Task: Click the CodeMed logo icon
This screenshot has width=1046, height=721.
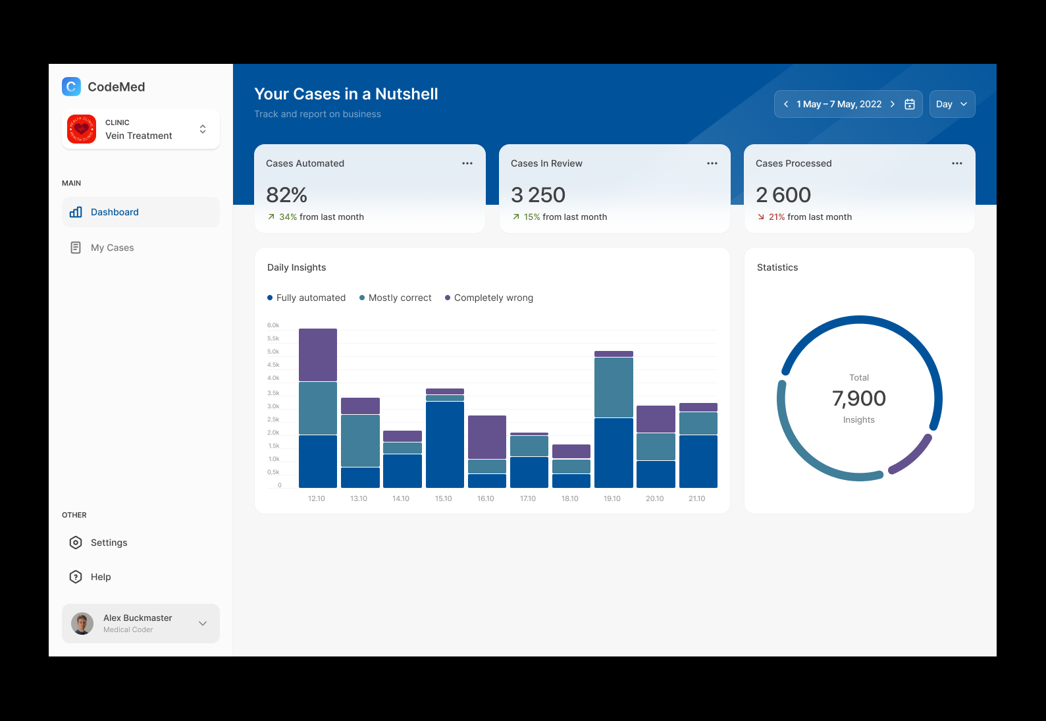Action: pyautogui.click(x=71, y=86)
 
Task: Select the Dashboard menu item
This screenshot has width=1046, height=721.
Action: pyautogui.click(x=115, y=212)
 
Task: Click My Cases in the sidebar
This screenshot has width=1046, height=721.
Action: pyautogui.click(x=112, y=248)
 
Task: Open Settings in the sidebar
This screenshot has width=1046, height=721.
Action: pyautogui.click(x=109, y=543)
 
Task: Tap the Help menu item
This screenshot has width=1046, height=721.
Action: pyautogui.click(x=100, y=577)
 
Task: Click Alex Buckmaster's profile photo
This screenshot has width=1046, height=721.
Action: pyautogui.click(x=82, y=623)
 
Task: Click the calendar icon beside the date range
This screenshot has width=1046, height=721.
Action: pyautogui.click(x=910, y=104)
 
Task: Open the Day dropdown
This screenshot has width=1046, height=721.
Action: pyautogui.click(x=952, y=104)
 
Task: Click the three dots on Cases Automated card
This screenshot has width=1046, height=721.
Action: pyautogui.click(x=467, y=163)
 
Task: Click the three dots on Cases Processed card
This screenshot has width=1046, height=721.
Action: pyautogui.click(x=957, y=163)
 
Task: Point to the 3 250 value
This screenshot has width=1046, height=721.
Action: pyautogui.click(x=538, y=195)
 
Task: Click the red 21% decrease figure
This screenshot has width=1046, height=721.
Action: pyautogui.click(x=777, y=217)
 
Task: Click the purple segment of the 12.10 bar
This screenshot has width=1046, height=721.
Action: pyautogui.click(x=318, y=354)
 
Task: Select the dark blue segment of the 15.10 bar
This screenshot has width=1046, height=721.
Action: pyautogui.click(x=445, y=444)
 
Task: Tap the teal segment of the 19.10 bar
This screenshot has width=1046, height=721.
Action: pyautogui.click(x=614, y=387)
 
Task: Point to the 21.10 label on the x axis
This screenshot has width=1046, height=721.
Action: pyautogui.click(x=697, y=498)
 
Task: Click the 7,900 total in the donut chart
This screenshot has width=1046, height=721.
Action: pyautogui.click(x=859, y=398)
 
